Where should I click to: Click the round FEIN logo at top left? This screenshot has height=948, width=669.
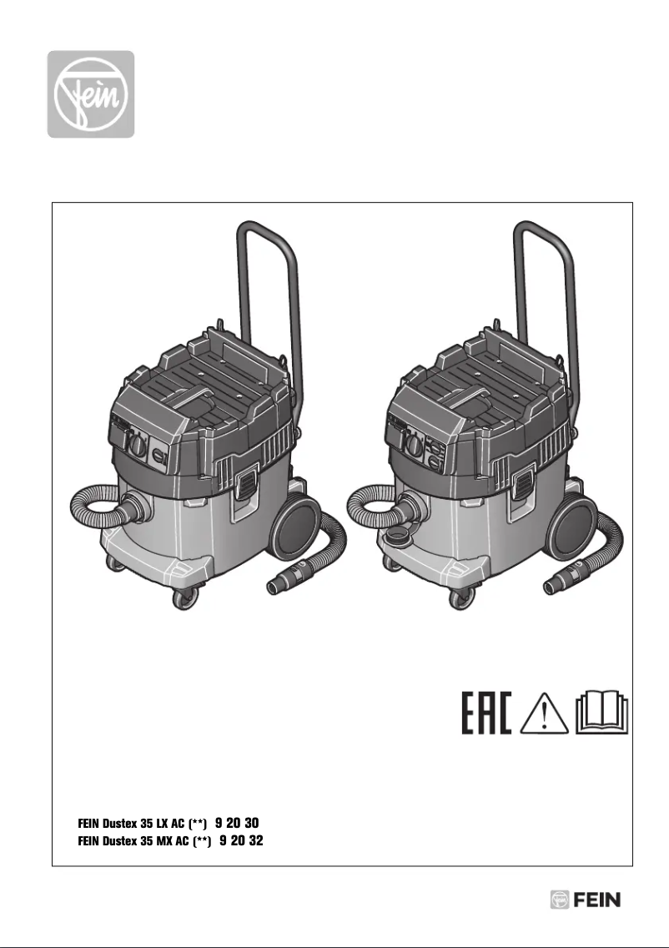pyautogui.click(x=90, y=94)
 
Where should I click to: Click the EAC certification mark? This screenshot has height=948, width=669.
pyautogui.click(x=486, y=712)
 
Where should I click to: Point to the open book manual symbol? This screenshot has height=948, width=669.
pyautogui.click(x=603, y=714)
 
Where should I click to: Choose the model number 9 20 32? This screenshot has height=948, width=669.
pyautogui.click(x=241, y=841)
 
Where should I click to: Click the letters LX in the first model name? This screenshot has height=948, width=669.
pyautogui.click(x=164, y=824)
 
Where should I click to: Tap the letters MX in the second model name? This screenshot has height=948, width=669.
pyautogui.click(x=165, y=842)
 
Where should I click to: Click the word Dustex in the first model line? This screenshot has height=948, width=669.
pyautogui.click(x=121, y=824)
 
